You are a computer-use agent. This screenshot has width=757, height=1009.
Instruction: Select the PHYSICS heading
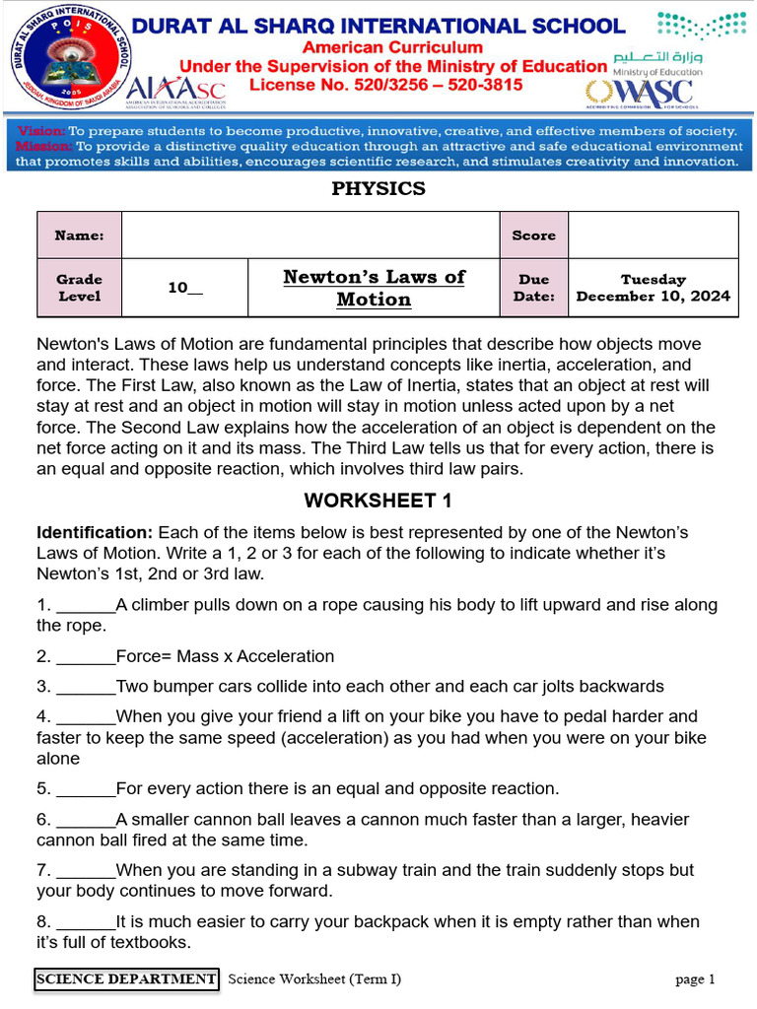click(x=378, y=188)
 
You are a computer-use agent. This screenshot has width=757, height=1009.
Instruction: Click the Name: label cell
click(x=79, y=235)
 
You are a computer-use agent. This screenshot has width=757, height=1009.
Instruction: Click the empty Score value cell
click(x=654, y=235)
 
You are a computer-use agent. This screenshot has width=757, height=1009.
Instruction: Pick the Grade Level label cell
click(x=79, y=288)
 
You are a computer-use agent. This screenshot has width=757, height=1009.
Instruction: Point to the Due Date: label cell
click(x=534, y=288)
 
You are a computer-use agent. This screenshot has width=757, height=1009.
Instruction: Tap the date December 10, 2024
click(x=654, y=296)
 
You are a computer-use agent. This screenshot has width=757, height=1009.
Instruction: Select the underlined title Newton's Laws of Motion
click(x=374, y=288)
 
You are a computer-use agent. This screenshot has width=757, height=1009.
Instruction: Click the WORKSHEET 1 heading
click(x=378, y=501)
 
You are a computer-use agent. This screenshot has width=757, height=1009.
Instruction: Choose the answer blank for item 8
click(x=86, y=923)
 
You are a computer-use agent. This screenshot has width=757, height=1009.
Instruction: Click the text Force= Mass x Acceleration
click(x=225, y=656)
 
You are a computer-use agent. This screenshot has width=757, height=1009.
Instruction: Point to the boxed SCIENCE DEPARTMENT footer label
click(x=126, y=979)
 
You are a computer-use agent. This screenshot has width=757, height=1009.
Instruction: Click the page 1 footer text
click(x=695, y=979)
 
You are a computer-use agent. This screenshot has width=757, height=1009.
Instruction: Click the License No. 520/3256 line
click(x=385, y=86)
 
